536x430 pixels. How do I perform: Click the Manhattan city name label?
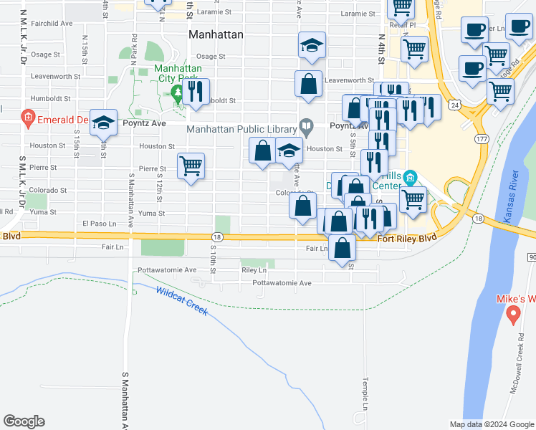(x=216, y=34)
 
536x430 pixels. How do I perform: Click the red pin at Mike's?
(x=513, y=314)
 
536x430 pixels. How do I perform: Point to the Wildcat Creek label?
(x=181, y=302)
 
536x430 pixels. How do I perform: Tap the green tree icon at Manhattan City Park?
(x=177, y=92)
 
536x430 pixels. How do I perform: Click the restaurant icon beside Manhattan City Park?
(x=195, y=92)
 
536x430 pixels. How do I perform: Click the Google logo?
(x=24, y=421)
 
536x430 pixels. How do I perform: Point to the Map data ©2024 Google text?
(x=492, y=424)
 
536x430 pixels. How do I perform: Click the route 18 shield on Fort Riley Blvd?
(x=216, y=237)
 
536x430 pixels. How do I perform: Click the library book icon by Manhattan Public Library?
(x=307, y=129)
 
